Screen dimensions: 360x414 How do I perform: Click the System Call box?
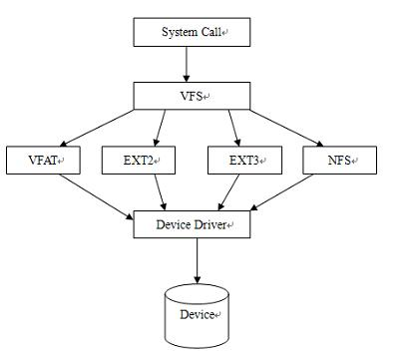tap(189, 32)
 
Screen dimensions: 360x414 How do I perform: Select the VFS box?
tap(189, 96)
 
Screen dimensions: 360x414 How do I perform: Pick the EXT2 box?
tap(138, 160)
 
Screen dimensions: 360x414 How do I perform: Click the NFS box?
tap(339, 160)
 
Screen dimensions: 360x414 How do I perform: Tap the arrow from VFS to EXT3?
tap(232, 128)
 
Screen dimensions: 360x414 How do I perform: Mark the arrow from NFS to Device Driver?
tap(289, 193)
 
